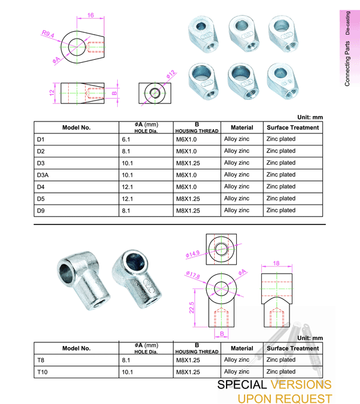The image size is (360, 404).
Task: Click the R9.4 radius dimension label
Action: click(48, 35)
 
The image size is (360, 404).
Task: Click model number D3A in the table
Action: click(43, 175)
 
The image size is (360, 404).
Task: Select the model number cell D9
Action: click(41, 211)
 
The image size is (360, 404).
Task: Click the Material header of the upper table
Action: click(242, 127)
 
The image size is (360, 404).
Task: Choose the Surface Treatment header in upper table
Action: click(292, 127)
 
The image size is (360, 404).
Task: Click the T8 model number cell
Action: click(41, 360)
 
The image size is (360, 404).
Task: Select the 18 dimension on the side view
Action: click(276, 263)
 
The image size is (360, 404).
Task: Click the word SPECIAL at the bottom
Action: click(242, 384)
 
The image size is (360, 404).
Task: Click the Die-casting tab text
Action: click(347, 23)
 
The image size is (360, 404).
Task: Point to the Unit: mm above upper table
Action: click(310, 117)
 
